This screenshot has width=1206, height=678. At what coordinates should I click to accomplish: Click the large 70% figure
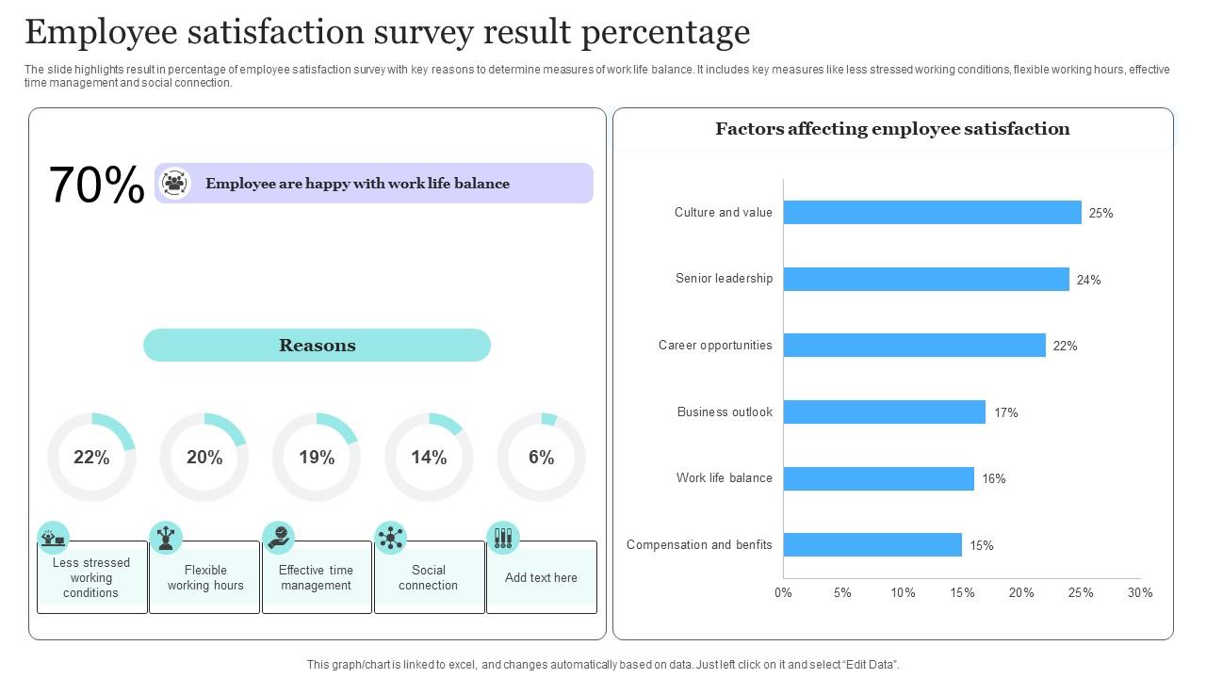[96, 185]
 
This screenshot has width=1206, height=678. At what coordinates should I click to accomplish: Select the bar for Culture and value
[932, 213]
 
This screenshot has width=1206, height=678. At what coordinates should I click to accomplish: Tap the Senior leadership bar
[926, 279]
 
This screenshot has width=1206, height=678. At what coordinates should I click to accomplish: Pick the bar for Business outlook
[884, 412]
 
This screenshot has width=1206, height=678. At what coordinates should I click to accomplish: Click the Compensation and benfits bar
[872, 545]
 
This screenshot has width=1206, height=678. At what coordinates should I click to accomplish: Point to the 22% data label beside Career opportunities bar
[1065, 346]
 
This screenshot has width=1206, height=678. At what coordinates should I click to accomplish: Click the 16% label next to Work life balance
[993, 478]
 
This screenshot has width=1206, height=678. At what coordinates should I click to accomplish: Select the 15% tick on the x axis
[962, 593]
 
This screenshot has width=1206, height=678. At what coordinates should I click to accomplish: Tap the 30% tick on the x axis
[1140, 593]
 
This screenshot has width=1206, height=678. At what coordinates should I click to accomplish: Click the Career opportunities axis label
[715, 346]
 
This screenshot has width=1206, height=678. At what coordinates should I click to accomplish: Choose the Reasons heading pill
[317, 346]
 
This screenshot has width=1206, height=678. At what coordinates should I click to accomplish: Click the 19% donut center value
[317, 458]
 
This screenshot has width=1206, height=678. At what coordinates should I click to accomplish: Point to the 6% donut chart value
[541, 458]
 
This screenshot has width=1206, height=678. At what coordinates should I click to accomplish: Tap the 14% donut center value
[429, 458]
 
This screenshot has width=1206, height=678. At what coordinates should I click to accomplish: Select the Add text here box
[541, 577]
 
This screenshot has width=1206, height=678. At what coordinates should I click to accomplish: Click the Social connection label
[429, 577]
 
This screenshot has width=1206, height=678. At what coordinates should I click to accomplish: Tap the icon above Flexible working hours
[166, 538]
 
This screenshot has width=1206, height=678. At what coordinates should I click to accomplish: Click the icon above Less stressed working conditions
[54, 538]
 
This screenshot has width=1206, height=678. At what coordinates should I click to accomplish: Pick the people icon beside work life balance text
[175, 184]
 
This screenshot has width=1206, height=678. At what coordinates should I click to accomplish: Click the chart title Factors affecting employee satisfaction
[892, 129]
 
